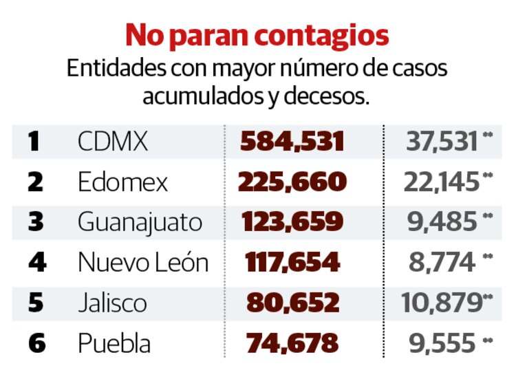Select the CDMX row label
113,142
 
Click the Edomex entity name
122,182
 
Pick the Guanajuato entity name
140,222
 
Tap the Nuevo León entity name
142,262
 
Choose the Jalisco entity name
112,303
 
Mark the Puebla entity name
114,343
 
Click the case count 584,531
292,142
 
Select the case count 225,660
292,182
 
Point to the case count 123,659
292,222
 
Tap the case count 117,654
292,262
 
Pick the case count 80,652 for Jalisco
292,303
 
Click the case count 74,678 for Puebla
292,343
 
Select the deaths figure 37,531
442,142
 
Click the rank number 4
36,263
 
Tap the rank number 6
36,343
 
